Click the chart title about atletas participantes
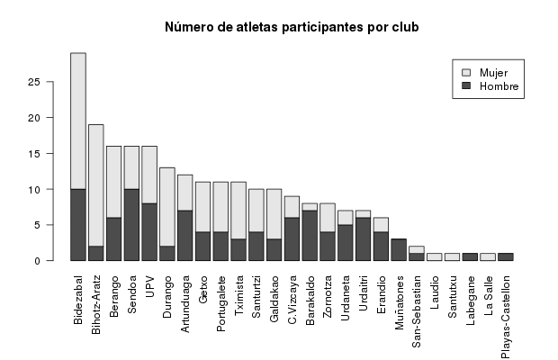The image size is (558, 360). pyautogui.click(x=292, y=28)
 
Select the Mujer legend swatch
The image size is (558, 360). pyautogui.click(x=465, y=72)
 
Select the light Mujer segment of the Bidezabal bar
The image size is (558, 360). pyautogui.click(x=78, y=121)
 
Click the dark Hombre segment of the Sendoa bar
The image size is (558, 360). pyautogui.click(x=131, y=225)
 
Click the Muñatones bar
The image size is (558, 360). pyautogui.click(x=399, y=250)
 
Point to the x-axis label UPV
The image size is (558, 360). pyautogui.click(x=149, y=284)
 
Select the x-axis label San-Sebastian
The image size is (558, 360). pyautogui.click(x=417, y=307)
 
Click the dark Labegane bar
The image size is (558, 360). pyautogui.click(x=470, y=257)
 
